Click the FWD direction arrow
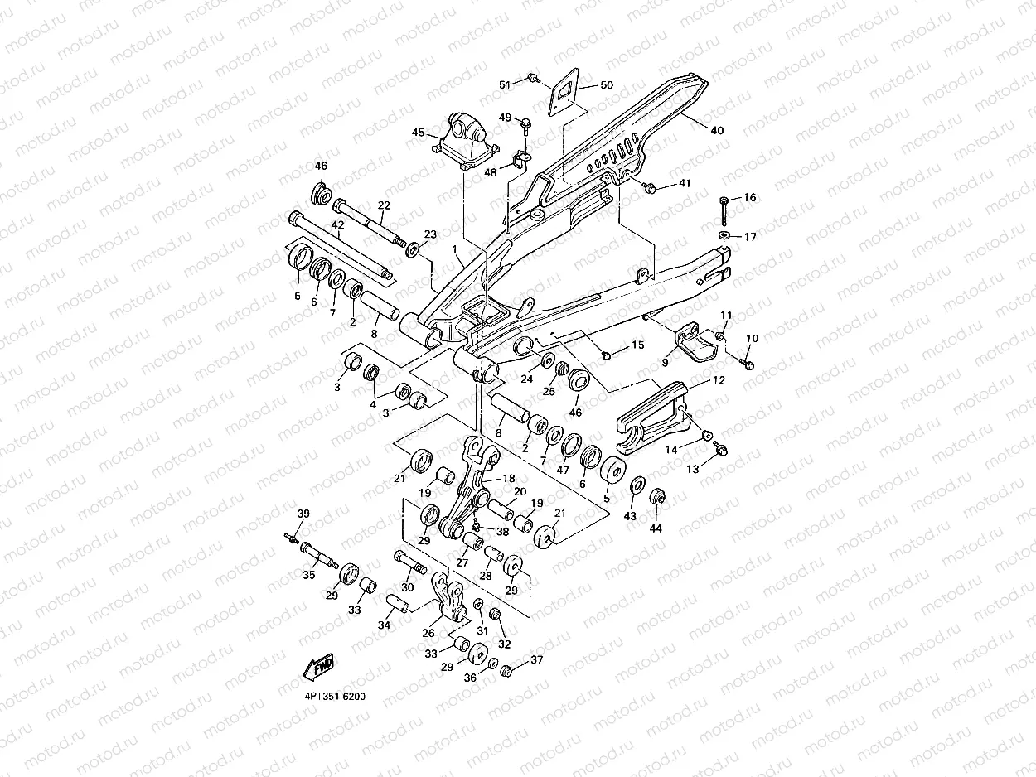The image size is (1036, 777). point(319,667)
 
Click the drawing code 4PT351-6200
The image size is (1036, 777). point(335,697)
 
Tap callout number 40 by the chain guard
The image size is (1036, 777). point(717,130)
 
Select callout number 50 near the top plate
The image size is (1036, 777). point(607,85)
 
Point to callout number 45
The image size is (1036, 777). point(419,132)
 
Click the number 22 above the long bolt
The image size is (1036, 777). point(384,205)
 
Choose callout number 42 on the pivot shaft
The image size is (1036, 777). point(337,225)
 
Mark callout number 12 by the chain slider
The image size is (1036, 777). point(719,379)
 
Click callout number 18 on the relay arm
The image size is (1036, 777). point(508,478)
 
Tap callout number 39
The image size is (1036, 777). point(303,514)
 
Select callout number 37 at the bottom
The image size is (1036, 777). point(536,659)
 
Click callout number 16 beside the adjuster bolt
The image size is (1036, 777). point(749,197)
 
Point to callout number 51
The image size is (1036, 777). point(505,85)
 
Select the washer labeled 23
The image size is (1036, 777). point(413,249)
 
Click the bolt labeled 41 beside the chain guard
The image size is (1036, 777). point(649,188)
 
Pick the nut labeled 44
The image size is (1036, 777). point(657,498)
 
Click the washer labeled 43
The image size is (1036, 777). point(638,485)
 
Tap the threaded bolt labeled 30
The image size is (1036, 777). point(409,562)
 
